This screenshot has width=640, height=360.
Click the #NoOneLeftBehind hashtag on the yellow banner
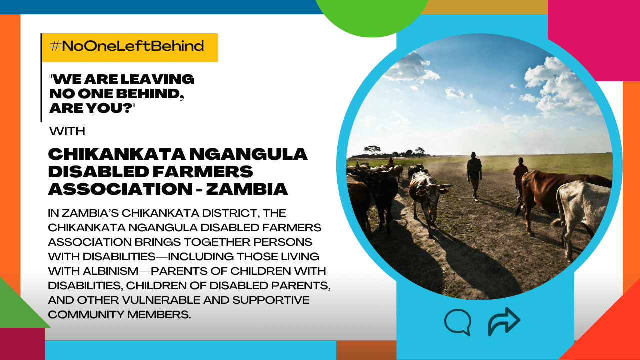tap(127, 46)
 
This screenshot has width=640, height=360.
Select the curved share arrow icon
tap(504, 321)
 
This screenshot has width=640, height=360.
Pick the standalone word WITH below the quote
tap(67, 131)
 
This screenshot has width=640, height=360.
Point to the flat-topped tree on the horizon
tap(372, 149)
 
